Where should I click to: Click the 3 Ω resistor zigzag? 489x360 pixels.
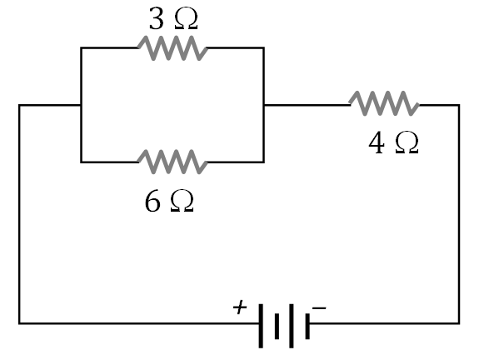pyautogui.click(x=172, y=48)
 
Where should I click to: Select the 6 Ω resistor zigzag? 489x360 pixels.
pyautogui.click(x=172, y=161)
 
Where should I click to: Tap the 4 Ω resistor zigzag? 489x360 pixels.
pyautogui.click(x=383, y=104)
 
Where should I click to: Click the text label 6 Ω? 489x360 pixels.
pyautogui.click(x=169, y=202)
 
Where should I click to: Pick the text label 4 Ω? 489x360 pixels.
pyautogui.click(x=393, y=143)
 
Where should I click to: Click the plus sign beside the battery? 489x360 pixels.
pyautogui.click(x=240, y=307)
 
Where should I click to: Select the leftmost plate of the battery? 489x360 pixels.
pyautogui.click(x=260, y=323)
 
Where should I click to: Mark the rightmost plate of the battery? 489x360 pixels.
pyautogui.click(x=307, y=323)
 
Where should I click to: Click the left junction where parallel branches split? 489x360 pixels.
pyautogui.click(x=81, y=105)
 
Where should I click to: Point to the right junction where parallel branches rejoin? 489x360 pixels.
pyautogui.click(x=263, y=105)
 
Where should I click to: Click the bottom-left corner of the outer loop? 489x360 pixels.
pyautogui.click(x=19, y=322)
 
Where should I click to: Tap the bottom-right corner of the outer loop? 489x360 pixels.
pyautogui.click(x=458, y=322)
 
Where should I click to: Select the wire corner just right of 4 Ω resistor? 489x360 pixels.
pyautogui.click(x=458, y=105)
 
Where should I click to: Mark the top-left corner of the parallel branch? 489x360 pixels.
pyautogui.click(x=81, y=48)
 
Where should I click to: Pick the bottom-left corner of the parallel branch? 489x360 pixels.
pyautogui.click(x=81, y=161)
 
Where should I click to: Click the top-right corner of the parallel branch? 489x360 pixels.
pyautogui.click(x=263, y=48)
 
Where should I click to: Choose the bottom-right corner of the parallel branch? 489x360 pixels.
pyautogui.click(x=263, y=161)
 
